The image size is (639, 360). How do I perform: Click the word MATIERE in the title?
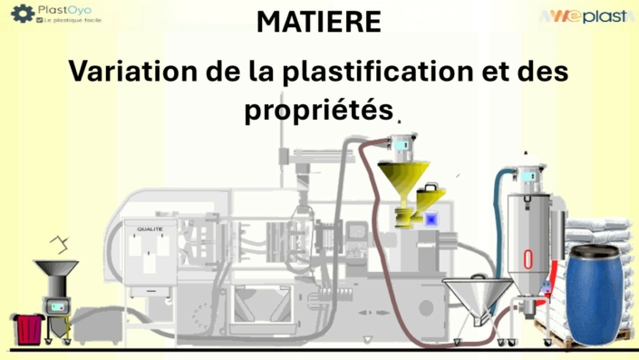tap(319, 23)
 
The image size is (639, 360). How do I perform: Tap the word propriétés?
tap(319, 111)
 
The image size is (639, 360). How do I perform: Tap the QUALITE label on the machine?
tap(150, 229)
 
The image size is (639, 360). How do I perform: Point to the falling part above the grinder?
tap(61, 242)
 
